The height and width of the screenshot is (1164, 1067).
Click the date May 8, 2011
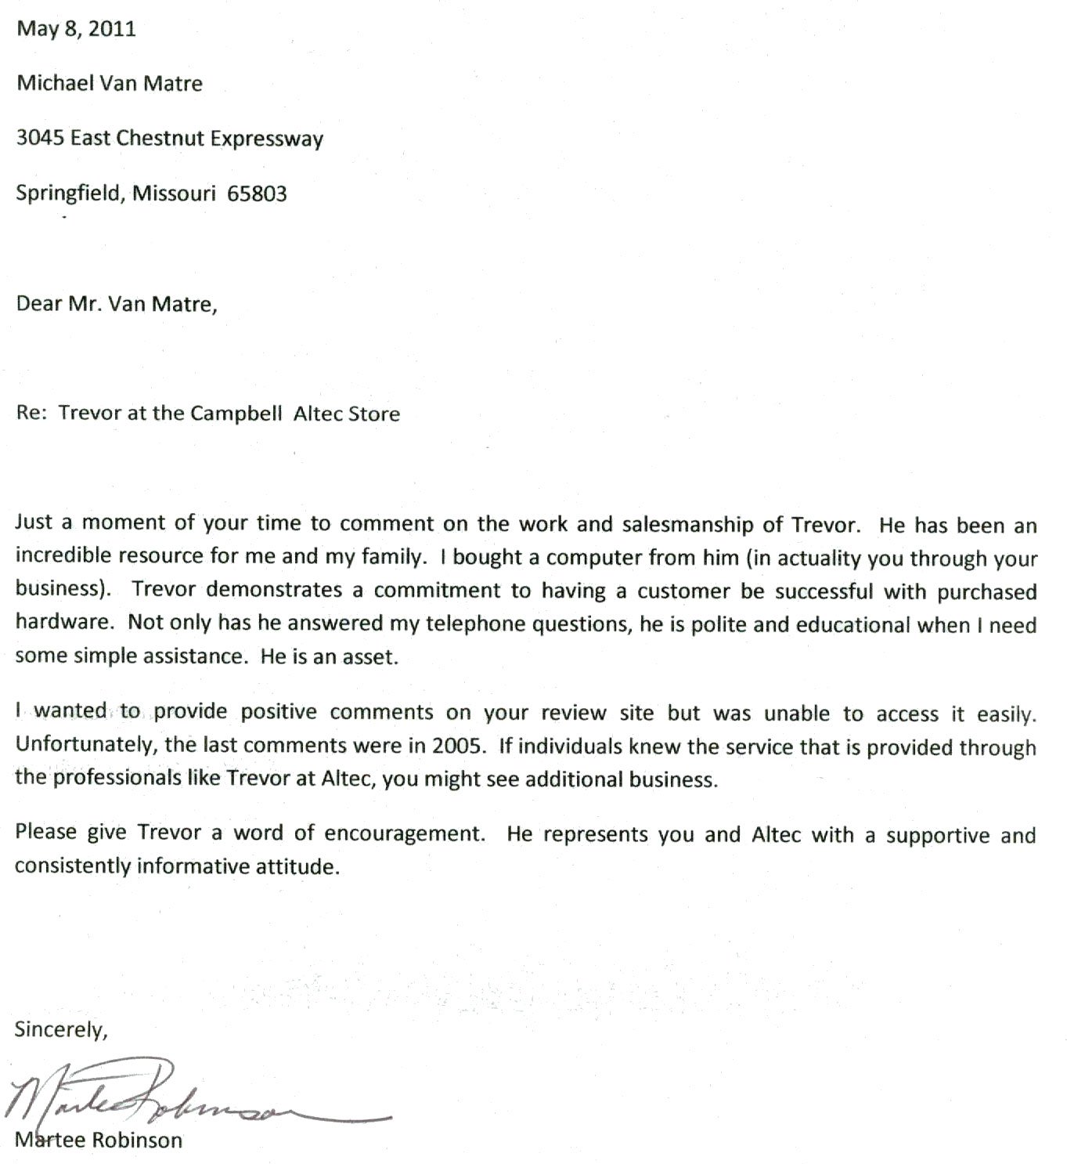pyautogui.click(x=76, y=29)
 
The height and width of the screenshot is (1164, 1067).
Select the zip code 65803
pyautogui.click(x=257, y=193)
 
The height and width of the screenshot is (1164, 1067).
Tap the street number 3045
pyautogui.click(x=40, y=139)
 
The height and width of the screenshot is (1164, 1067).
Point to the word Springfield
pyautogui.click(x=68, y=193)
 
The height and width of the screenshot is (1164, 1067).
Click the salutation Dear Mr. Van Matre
pyautogui.click(x=117, y=304)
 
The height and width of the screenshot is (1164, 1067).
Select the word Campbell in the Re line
pyautogui.click(x=236, y=414)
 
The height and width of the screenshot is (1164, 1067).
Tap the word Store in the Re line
pyautogui.click(x=373, y=414)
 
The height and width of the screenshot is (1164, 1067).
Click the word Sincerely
pyautogui.click(x=60, y=1029)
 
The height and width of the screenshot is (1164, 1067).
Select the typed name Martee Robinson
pyautogui.click(x=99, y=1140)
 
